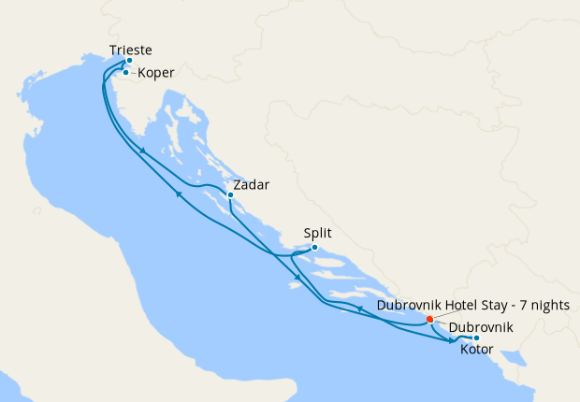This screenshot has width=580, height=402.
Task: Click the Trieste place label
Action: pos(130,50)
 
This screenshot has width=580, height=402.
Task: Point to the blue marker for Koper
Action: pos(125,72)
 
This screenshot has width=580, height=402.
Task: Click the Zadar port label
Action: pos(252,184)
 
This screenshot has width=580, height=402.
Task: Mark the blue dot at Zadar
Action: pos(230,195)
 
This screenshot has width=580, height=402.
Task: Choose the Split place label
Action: pos(318,235)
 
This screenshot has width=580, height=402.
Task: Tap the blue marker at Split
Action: pos(314,248)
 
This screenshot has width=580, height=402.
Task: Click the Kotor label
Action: pos(479,350)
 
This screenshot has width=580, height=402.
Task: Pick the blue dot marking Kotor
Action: pos(476,337)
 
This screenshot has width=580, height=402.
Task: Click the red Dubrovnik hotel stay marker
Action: pos(429,319)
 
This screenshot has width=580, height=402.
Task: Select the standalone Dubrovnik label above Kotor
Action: pos(481,328)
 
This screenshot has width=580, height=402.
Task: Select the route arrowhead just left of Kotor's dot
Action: pos(464,339)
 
